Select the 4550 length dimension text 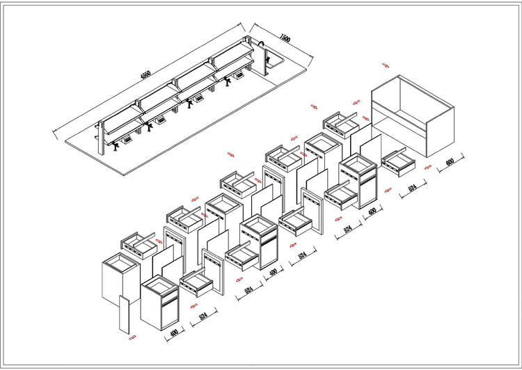144,74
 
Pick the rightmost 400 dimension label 372,211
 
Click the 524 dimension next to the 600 411,188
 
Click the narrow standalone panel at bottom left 124,314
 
